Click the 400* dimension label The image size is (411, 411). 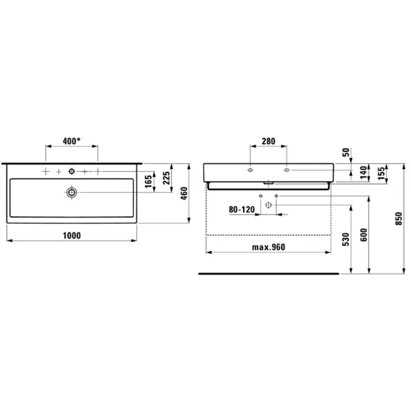pyautogui.click(x=71, y=142)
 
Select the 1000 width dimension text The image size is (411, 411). pyautogui.click(x=72, y=235)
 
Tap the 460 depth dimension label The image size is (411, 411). pyautogui.click(x=184, y=193)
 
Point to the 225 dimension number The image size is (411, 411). pyautogui.click(x=166, y=178)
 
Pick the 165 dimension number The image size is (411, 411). pyautogui.click(x=149, y=181)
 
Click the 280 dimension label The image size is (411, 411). pyautogui.click(x=268, y=142)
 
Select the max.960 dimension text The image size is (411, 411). pyautogui.click(x=268, y=247)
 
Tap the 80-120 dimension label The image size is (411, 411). pyautogui.click(x=242, y=210)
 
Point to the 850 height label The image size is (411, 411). pyautogui.click(x=399, y=218)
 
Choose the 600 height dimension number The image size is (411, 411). pyautogui.click(x=364, y=235)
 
